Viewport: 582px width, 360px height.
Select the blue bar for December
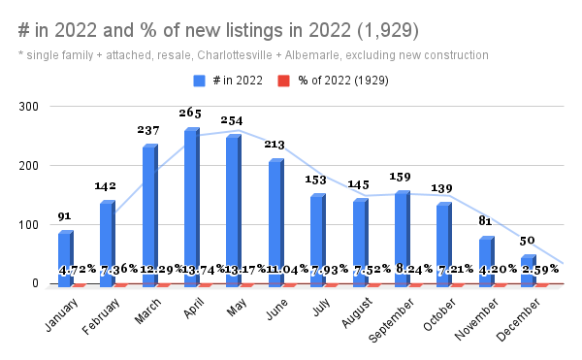tap(527, 267)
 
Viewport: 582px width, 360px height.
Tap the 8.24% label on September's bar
tap(403, 270)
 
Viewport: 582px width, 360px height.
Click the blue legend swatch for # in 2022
tap(199, 81)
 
